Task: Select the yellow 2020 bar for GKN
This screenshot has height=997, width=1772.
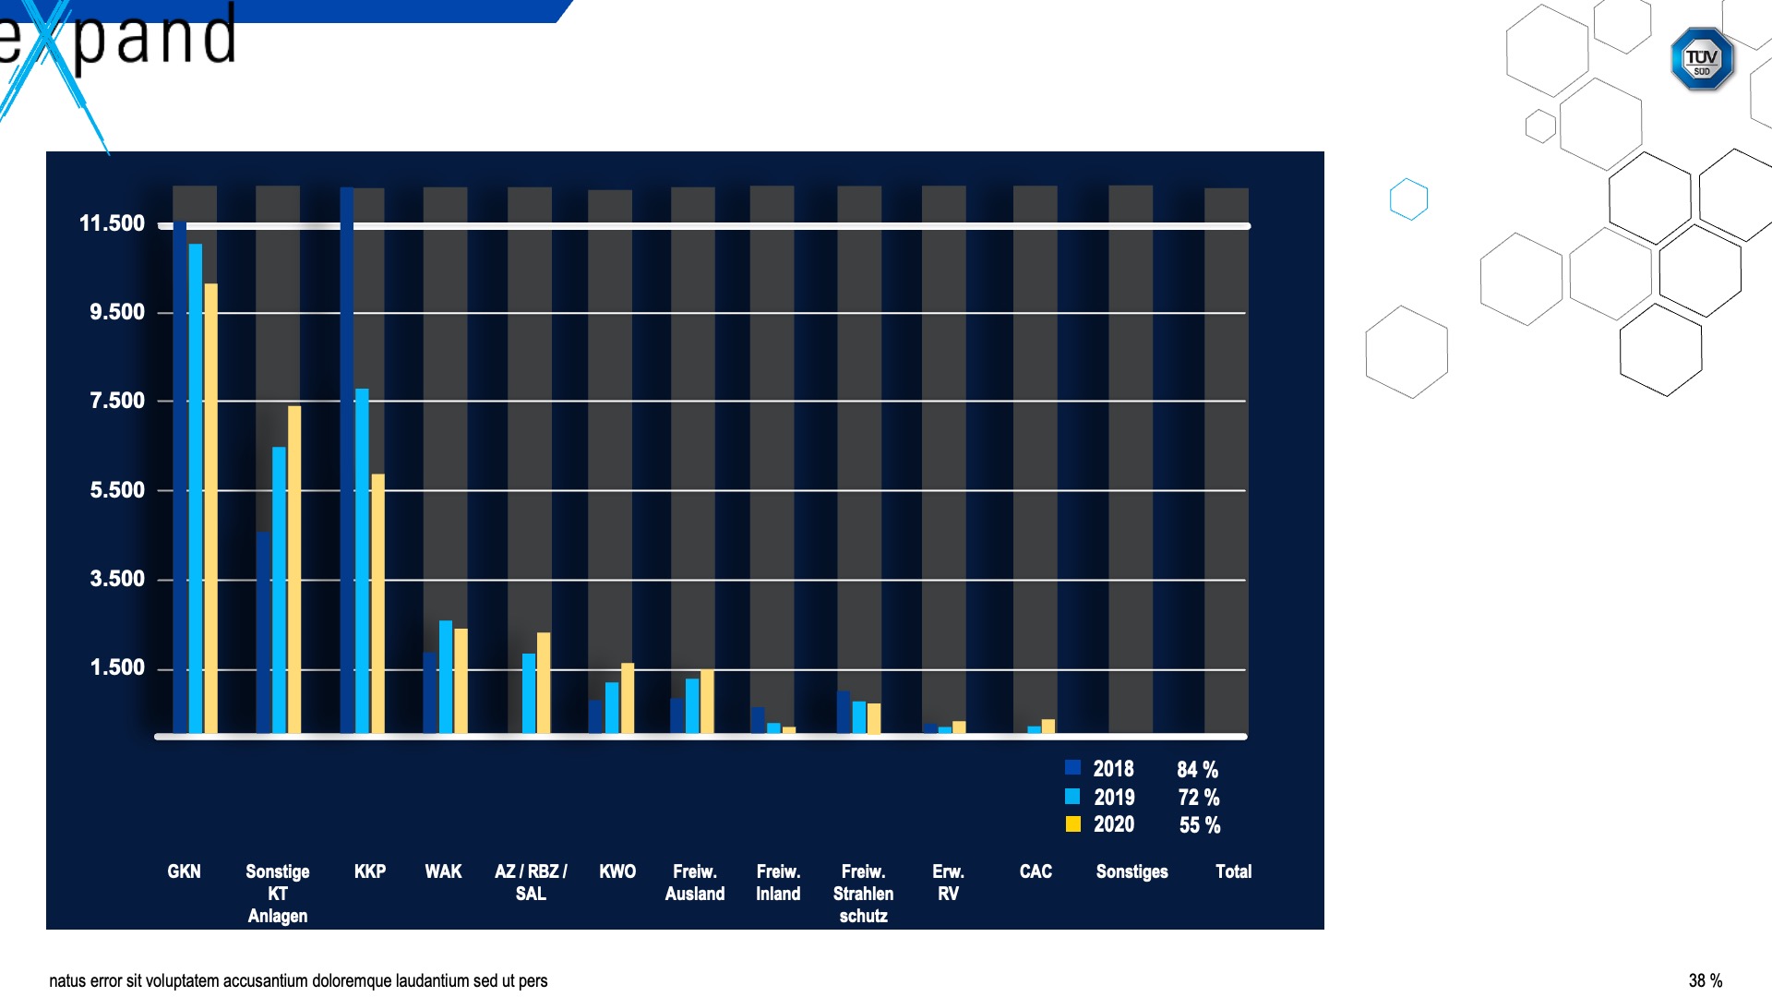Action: pos(211,508)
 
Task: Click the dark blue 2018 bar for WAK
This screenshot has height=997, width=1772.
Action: pos(430,693)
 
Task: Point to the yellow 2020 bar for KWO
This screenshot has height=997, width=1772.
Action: pos(628,698)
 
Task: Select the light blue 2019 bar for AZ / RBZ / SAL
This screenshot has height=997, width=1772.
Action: pos(529,693)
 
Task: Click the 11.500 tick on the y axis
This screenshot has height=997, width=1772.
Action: pos(112,223)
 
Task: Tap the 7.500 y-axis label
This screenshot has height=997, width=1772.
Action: pos(117,401)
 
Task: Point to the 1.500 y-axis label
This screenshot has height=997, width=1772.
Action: pos(117,667)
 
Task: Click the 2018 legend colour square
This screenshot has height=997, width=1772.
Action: pos(1072,767)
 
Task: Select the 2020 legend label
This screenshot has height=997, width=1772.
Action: pos(1114,824)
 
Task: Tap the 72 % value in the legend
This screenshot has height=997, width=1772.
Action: pos(1199,797)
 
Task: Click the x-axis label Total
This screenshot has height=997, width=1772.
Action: pos(1233,871)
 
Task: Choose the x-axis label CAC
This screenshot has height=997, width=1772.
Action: pos(1036,871)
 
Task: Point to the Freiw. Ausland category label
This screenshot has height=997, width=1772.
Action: pos(695,883)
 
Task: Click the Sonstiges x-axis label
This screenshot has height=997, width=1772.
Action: pos(1131,871)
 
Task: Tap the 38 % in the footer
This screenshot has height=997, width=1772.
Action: pos(1706,980)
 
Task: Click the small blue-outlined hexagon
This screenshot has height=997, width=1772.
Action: pos(1408,198)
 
